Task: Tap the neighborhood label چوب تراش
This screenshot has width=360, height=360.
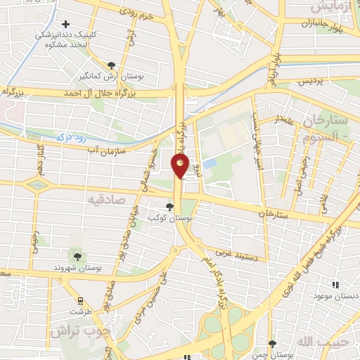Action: tap(77, 330)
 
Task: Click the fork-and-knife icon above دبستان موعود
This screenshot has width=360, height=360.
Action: tap(335, 285)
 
